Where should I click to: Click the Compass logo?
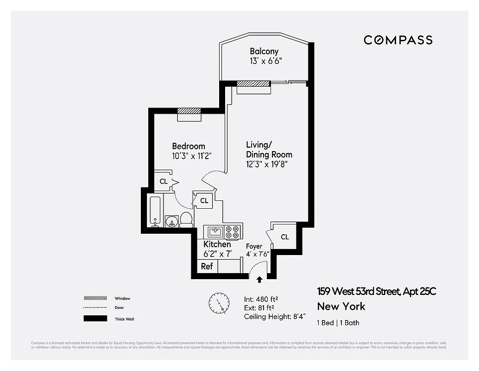click(x=398, y=40)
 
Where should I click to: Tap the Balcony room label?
click(x=264, y=51)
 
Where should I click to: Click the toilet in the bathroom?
click(x=186, y=219)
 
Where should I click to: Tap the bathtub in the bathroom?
click(x=155, y=211)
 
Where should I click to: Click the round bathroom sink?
click(x=172, y=221)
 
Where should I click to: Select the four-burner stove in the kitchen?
click(x=233, y=231)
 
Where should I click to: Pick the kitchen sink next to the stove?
click(x=214, y=231)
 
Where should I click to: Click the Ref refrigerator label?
click(x=207, y=266)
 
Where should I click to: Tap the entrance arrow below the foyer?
click(x=259, y=279)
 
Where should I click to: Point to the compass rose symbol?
click(x=219, y=304)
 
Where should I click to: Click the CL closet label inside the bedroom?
click(x=164, y=182)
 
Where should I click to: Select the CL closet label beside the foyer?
click(x=284, y=237)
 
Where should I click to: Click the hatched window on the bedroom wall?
click(x=189, y=111)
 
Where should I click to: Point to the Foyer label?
click(x=254, y=246)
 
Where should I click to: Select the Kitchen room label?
click(x=217, y=244)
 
